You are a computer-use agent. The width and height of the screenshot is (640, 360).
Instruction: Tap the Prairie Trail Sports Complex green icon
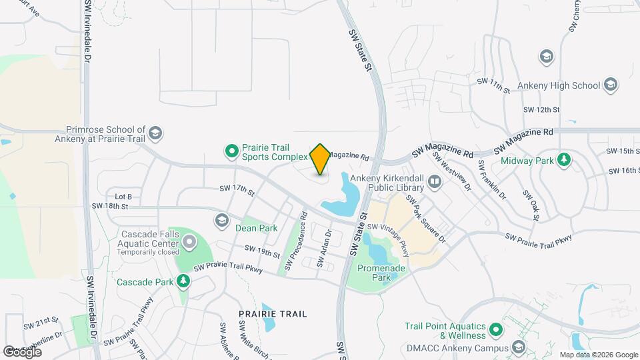tap(231, 151)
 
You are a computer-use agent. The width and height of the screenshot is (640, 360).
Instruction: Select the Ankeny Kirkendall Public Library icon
tap(435, 181)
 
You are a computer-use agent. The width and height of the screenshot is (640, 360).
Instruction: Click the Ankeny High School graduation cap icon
tap(611, 85)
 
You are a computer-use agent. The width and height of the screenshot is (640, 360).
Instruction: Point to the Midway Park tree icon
tap(564, 159)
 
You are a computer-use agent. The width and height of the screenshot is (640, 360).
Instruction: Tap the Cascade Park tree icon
tap(182, 281)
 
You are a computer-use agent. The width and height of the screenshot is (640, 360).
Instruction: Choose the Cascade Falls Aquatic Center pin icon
tap(189, 241)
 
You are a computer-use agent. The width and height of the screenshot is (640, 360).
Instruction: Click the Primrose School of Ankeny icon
tap(155, 133)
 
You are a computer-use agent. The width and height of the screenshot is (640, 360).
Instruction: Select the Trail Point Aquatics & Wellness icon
tap(495, 329)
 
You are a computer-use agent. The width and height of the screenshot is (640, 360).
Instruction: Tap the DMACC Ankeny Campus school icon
tap(519, 347)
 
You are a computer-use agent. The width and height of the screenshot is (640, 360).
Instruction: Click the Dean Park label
tap(256, 228)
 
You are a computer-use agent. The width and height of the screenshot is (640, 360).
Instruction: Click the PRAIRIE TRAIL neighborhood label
tap(273, 313)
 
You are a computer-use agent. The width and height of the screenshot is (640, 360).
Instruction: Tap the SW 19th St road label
tap(262, 251)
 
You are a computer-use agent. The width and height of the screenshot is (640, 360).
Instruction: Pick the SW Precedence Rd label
tap(295, 241)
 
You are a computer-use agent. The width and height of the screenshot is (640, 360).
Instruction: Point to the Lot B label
tap(124, 196)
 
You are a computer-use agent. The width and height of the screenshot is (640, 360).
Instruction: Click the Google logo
tap(22, 351)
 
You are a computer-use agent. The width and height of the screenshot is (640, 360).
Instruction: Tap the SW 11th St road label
tap(493, 85)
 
